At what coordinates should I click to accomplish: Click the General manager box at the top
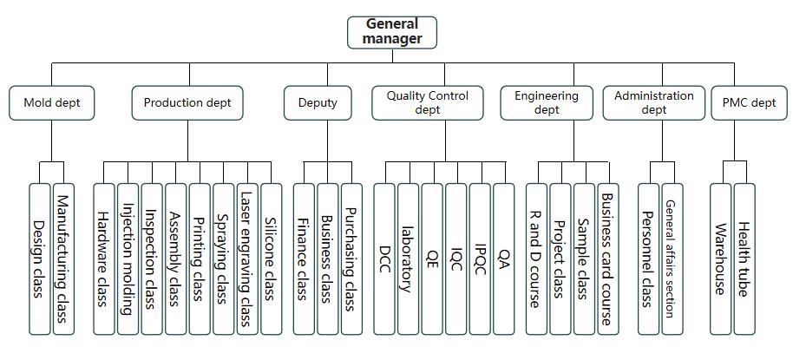[392, 32]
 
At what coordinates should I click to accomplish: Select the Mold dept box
[52, 102]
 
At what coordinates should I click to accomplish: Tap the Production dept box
[187, 102]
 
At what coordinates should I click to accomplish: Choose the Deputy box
[318, 102]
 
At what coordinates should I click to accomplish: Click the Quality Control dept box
[428, 102]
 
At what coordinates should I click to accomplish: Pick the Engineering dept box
[547, 102]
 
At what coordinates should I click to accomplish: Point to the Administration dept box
[654, 102]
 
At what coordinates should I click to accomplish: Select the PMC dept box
[749, 102]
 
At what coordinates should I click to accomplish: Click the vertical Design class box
[40, 258]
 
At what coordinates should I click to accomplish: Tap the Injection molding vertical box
[128, 258]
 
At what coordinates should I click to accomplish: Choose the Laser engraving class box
[247, 258]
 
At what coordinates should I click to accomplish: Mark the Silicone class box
[272, 258]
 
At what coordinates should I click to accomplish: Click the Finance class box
[304, 258]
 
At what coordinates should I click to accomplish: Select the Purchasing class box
[351, 258]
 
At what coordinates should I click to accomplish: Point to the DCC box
[385, 258]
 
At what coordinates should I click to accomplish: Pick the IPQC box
[481, 258]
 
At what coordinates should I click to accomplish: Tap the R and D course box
[536, 258]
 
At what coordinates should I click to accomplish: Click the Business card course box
[608, 258]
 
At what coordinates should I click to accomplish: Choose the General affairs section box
[672, 258]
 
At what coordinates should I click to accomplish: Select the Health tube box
[744, 258]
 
